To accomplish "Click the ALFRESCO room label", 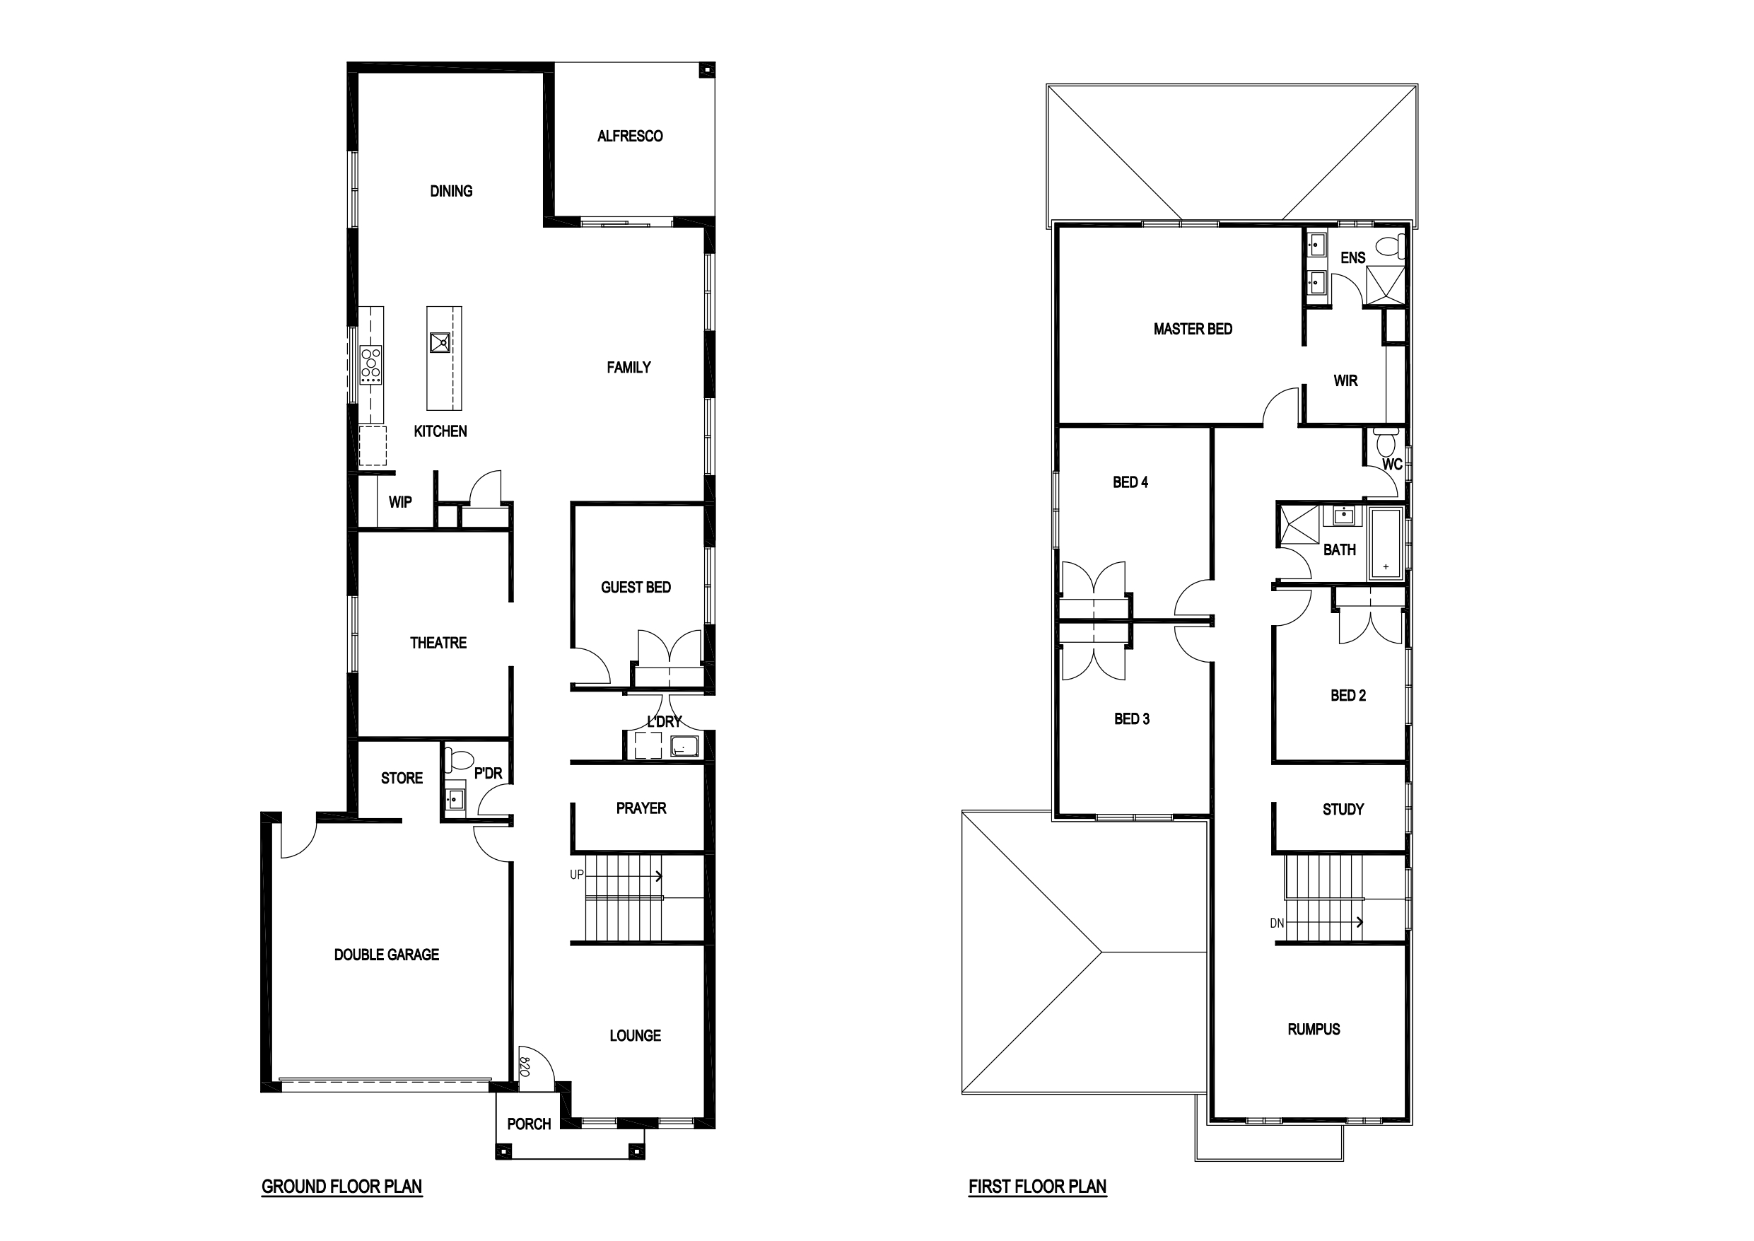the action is tap(629, 136).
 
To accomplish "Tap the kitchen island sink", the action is tap(440, 342).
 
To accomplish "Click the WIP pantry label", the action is tap(400, 502).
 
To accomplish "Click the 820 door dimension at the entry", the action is tap(525, 1066).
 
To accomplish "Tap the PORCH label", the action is tap(529, 1124).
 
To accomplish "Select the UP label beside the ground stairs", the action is tap(577, 875).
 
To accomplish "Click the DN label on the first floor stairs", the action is tap(1278, 923).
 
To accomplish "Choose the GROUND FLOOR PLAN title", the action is tap(341, 1187).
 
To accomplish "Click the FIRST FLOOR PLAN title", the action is tap(1037, 1187).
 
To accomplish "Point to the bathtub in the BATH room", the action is tap(1386, 541).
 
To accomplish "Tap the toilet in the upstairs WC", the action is tap(1385, 442).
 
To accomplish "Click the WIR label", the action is tap(1345, 380).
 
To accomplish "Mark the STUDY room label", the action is tap(1343, 809).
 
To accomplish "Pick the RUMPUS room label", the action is tap(1314, 1030).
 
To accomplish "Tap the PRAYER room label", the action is tap(641, 808).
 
